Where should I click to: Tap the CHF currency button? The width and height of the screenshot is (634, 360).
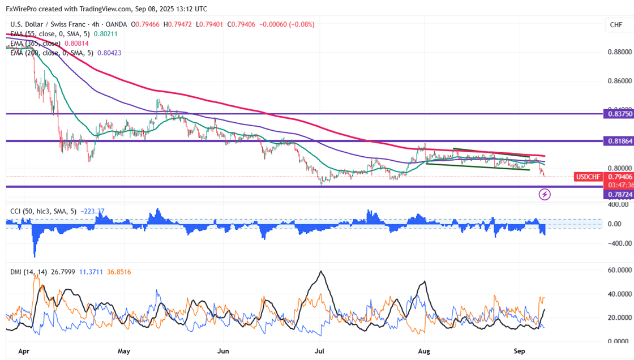tap(615, 24)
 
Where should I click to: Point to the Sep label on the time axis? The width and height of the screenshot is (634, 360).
tap(520, 351)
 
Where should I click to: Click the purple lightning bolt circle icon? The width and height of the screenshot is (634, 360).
tap(545, 195)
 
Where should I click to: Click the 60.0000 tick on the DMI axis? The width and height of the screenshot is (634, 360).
tap(619, 271)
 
